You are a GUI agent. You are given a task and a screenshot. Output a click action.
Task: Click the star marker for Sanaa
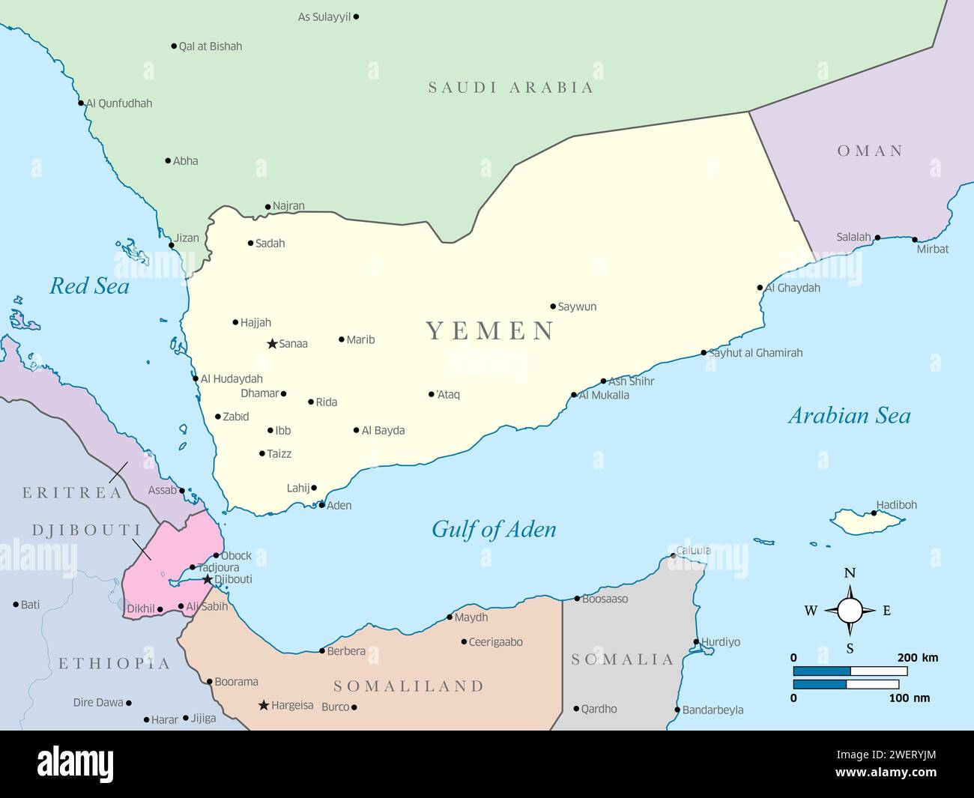(272, 344)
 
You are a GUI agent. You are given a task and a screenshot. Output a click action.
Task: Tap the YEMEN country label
(490, 330)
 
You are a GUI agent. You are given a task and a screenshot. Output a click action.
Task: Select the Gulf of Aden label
(494, 530)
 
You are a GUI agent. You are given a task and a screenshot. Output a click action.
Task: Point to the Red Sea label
(89, 285)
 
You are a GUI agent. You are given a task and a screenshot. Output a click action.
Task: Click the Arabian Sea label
(849, 416)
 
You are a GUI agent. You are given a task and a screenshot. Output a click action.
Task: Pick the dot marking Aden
(321, 505)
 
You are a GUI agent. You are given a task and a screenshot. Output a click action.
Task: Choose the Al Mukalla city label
(604, 396)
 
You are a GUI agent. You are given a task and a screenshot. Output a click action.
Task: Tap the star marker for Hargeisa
(264, 705)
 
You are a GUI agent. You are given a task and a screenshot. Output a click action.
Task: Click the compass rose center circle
(850, 611)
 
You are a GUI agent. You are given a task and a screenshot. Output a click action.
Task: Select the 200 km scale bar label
(917, 658)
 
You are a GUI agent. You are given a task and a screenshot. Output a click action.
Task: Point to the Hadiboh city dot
(874, 513)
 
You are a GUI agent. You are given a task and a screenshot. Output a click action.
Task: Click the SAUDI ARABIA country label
(511, 88)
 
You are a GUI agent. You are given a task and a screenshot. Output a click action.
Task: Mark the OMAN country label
(870, 151)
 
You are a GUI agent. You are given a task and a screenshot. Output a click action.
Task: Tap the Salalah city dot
(877, 238)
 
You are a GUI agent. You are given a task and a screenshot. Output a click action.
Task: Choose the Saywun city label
(577, 306)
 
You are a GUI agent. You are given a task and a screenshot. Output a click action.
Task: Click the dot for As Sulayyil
(356, 16)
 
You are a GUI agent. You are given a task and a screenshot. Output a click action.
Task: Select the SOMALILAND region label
(408, 686)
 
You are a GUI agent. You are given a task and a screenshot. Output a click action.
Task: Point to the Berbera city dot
(322, 651)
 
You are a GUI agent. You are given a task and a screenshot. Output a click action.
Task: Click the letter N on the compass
(850, 573)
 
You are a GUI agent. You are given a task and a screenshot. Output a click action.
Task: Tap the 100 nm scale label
(910, 698)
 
